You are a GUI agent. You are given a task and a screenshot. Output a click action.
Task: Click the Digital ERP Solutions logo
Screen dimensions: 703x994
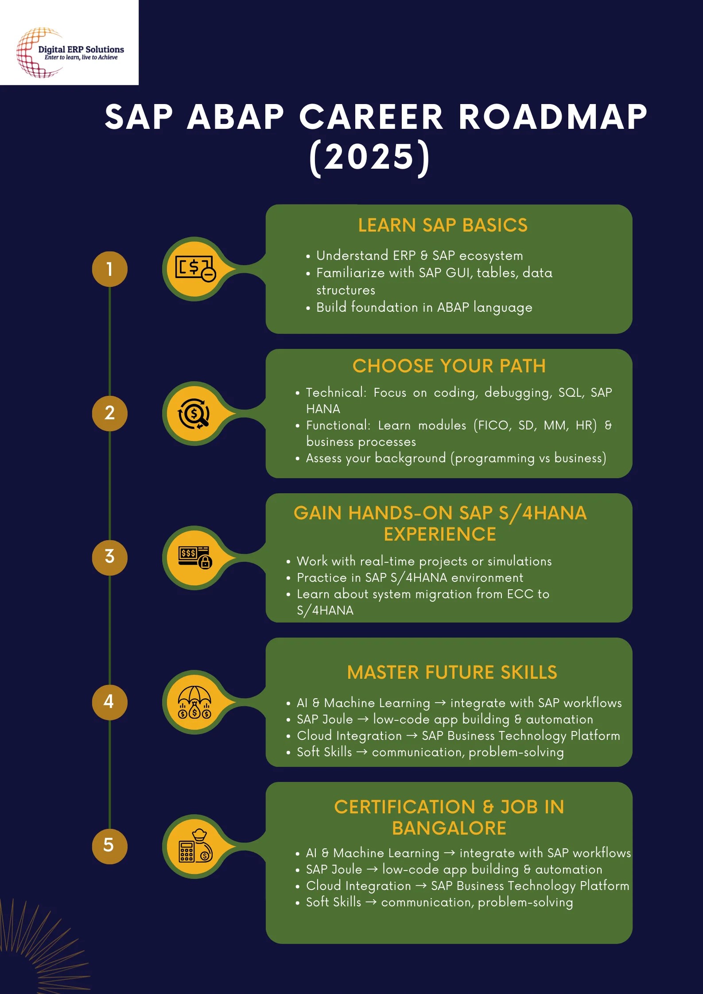(70, 52)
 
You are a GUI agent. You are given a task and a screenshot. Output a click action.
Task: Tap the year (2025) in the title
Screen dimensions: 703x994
(369, 157)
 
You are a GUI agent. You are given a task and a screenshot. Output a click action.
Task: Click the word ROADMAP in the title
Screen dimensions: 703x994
(552, 117)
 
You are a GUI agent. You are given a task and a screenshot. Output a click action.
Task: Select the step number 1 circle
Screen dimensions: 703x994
(109, 269)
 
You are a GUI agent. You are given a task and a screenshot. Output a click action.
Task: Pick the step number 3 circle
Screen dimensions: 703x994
(109, 557)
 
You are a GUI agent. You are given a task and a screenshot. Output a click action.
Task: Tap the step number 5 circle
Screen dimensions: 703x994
(109, 846)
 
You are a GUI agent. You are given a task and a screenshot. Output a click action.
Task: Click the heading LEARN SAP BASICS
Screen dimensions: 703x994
(443, 225)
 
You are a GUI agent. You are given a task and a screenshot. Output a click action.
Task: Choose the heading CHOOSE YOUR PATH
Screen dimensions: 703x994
(449, 366)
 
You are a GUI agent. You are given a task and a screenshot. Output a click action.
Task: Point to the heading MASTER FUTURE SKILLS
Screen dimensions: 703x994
(452, 673)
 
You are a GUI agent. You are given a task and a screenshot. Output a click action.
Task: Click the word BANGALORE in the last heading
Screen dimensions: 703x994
(449, 828)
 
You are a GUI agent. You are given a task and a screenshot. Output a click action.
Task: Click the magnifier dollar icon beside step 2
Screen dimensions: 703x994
(194, 414)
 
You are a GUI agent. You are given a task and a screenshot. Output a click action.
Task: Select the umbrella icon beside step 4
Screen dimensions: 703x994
(194, 702)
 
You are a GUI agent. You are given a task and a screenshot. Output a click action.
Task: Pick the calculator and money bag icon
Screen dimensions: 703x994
(195, 846)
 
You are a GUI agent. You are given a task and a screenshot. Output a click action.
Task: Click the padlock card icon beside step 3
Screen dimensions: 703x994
(195, 557)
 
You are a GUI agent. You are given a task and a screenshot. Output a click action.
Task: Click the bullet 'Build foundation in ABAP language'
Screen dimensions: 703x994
(424, 307)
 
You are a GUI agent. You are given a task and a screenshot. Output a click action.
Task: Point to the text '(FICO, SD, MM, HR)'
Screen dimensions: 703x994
(535, 425)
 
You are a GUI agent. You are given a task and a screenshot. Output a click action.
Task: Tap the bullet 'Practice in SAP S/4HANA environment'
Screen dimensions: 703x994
(410, 578)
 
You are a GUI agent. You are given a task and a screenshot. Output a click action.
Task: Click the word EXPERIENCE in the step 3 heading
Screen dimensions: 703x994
(439, 534)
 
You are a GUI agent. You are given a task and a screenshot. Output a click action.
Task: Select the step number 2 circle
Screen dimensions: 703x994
(109, 413)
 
